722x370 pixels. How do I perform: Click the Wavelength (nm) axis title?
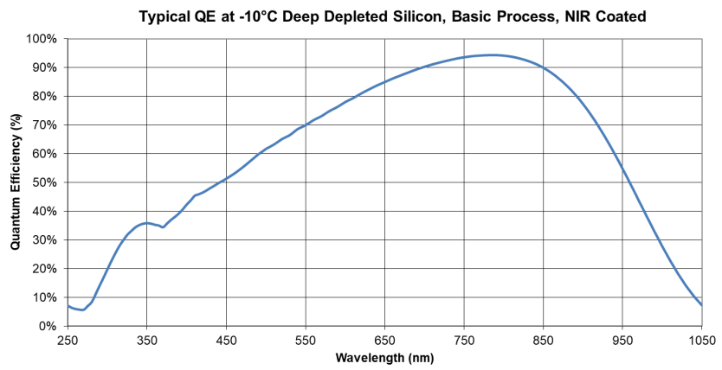click(x=384, y=356)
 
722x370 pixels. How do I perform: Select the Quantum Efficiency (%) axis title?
click(x=16, y=182)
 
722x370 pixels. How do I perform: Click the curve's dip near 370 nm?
click(x=163, y=227)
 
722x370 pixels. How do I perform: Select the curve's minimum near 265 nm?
click(x=81, y=310)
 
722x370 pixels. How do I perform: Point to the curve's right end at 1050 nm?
click(x=701, y=305)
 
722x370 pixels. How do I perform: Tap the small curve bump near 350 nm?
click(x=147, y=223)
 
